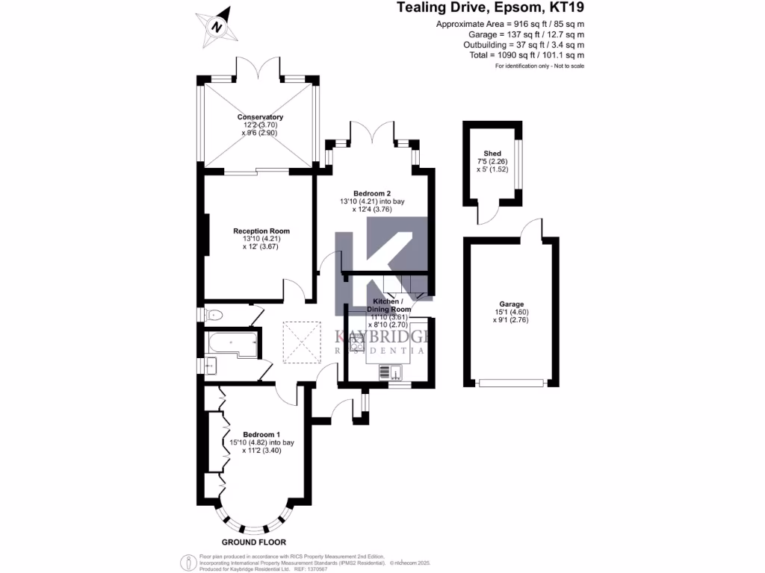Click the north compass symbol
217,27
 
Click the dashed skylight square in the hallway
303,342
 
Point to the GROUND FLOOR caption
254,542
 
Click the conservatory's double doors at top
259,68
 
